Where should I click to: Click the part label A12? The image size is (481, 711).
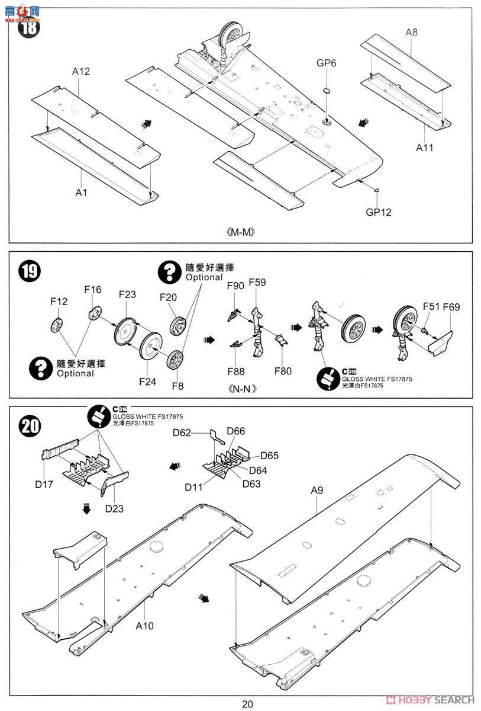(x=81, y=72)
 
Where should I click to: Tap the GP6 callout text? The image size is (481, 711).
(x=326, y=63)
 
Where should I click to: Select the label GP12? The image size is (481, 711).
(x=378, y=212)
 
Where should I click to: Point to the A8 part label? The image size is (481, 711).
(x=411, y=33)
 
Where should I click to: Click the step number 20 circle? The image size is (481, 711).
(x=30, y=425)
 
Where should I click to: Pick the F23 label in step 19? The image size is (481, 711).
(x=127, y=294)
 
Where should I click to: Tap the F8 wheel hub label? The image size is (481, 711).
(x=177, y=386)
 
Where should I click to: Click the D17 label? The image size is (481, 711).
(x=44, y=484)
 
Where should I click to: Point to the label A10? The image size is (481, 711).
(x=145, y=625)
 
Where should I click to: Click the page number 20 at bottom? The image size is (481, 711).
(x=247, y=703)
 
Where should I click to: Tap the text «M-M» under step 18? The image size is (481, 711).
(x=240, y=232)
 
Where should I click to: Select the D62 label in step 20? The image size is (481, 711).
(x=182, y=433)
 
